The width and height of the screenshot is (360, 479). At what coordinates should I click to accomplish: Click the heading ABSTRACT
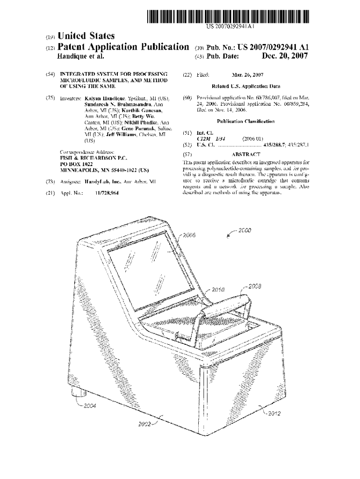(246, 154)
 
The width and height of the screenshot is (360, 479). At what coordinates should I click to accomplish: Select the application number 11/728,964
(107, 193)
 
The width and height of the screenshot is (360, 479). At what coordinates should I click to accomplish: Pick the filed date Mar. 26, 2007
(247, 75)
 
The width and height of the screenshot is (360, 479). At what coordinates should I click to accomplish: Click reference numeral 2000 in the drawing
(245, 230)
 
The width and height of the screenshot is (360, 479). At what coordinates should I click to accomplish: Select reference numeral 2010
(219, 290)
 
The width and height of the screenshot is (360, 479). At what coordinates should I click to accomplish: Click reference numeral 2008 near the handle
(255, 286)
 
